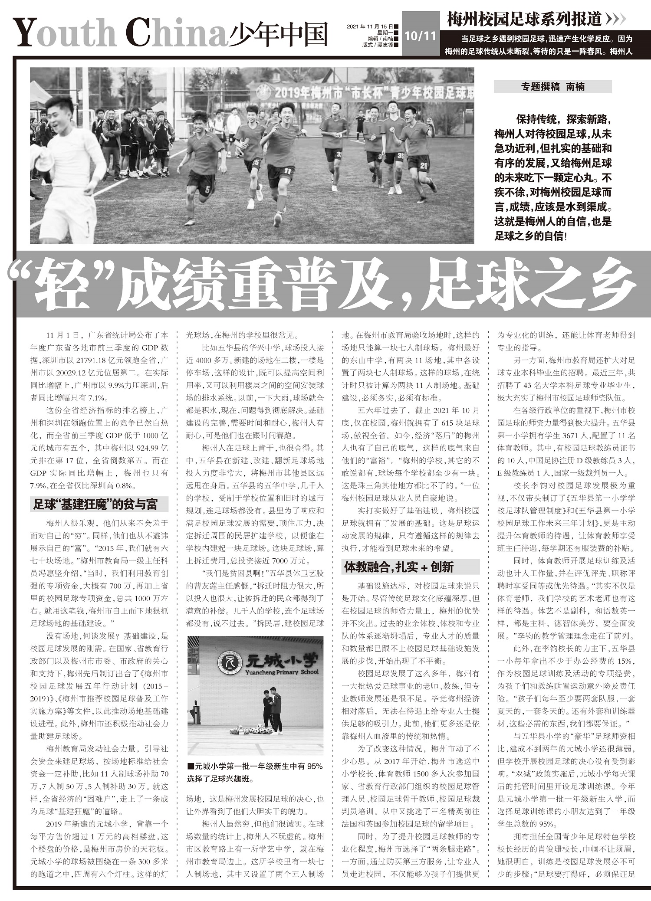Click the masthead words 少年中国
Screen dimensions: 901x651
[x=278, y=34]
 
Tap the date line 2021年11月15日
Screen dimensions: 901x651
[x=370, y=26]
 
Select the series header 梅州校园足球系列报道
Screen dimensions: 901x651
[x=525, y=19]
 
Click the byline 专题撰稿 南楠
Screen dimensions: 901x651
[x=552, y=87]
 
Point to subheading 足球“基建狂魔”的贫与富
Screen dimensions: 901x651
[x=95, y=505]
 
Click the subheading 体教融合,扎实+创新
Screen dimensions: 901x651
[x=399, y=567]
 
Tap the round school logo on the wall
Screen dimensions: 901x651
[x=230, y=663]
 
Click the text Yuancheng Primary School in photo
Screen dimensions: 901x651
[x=282, y=672]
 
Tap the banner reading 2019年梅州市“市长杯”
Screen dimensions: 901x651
[x=365, y=92]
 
